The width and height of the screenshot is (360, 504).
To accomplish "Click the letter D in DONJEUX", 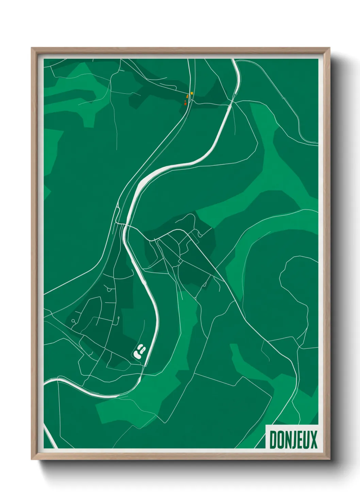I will (x=273, y=440).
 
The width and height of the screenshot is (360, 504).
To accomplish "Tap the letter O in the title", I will (x=280, y=440).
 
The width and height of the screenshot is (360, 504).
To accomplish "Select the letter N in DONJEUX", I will (x=288, y=440).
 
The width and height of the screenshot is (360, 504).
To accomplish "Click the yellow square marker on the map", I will (x=192, y=93).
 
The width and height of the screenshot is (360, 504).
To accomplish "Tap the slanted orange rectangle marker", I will (x=187, y=97).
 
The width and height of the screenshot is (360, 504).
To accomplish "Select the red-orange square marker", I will (x=185, y=104).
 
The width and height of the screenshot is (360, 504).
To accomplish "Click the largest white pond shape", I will (x=138, y=354).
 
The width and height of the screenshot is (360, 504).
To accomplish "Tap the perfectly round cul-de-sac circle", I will (x=73, y=320).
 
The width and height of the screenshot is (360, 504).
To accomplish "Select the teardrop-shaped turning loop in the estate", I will (x=109, y=290).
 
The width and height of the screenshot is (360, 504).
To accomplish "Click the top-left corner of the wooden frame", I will (x=32, y=48).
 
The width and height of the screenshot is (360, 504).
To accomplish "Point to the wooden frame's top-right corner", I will (x=329, y=48).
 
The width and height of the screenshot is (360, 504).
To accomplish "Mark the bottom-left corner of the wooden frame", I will (x=32, y=459).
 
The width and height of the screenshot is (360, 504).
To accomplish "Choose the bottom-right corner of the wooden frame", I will (x=329, y=459).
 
